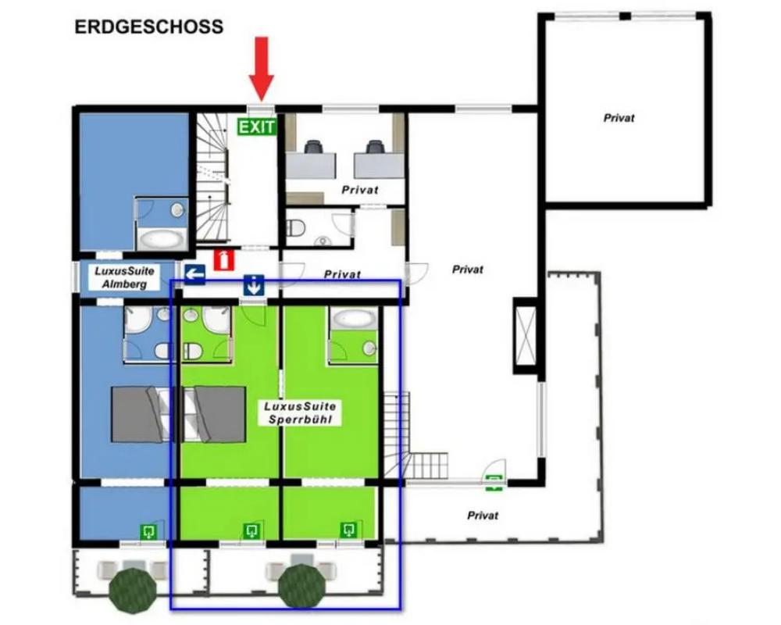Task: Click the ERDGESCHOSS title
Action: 149,27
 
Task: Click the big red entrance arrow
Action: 262,69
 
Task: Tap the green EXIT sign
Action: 256,127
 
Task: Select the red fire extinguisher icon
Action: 224,260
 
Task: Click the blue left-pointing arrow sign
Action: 194,274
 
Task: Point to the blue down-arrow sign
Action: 254,285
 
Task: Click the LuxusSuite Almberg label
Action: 124,277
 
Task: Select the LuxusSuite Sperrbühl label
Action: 300,412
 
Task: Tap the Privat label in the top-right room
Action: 619,118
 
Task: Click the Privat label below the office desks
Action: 359,190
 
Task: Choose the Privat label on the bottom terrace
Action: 483,516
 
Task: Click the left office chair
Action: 314,147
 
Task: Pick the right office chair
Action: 375,147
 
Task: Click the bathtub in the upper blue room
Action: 160,240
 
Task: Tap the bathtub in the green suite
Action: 353,319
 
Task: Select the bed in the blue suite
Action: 140,414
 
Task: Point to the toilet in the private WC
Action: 296,228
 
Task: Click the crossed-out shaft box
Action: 526,336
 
